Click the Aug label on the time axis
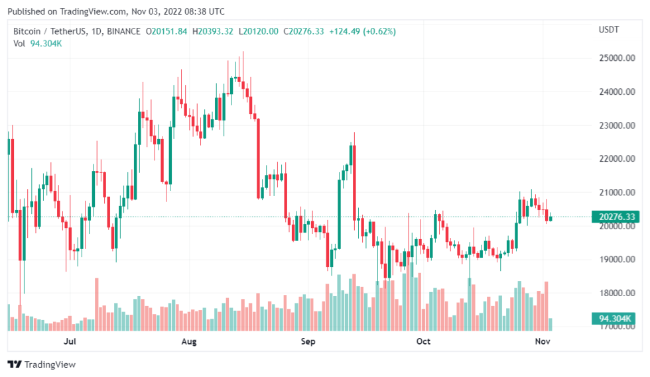[189, 342]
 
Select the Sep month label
[308, 342]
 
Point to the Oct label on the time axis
[423, 342]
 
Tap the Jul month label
[70, 342]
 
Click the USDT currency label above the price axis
[609, 30]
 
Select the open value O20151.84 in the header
[167, 31]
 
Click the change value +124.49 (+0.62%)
[359, 31]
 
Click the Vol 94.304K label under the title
[37, 44]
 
